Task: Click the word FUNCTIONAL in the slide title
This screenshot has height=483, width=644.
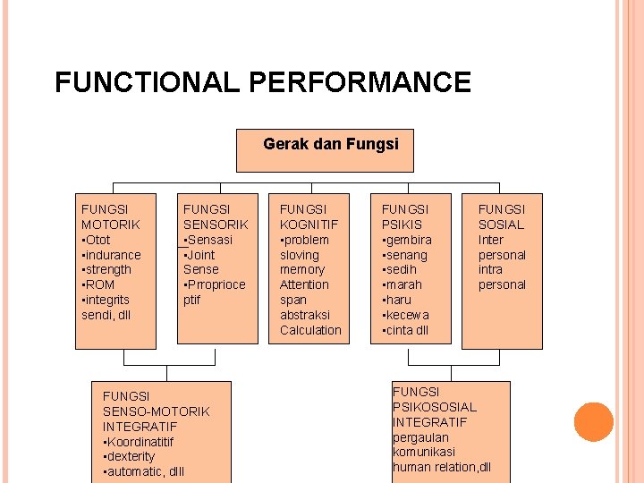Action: tap(148, 83)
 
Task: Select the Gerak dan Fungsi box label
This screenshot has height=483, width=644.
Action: tap(331, 143)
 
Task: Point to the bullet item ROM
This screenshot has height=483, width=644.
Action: tap(100, 284)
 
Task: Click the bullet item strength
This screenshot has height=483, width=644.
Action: tap(108, 269)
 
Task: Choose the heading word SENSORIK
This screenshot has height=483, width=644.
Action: tap(216, 225)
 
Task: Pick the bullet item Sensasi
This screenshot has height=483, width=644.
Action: tap(209, 240)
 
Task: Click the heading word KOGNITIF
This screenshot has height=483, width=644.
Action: tap(309, 225)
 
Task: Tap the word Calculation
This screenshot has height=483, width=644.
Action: tap(310, 330)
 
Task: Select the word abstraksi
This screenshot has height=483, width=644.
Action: tap(305, 315)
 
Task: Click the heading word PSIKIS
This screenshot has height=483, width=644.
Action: tap(402, 225)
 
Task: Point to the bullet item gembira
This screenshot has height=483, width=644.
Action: tap(409, 240)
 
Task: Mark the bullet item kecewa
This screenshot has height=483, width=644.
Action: tap(408, 315)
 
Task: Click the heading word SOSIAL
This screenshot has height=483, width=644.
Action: tap(501, 225)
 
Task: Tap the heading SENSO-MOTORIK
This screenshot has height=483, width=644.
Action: tap(157, 411)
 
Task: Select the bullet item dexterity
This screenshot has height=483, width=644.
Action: tap(131, 456)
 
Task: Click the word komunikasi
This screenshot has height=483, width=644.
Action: tap(424, 452)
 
